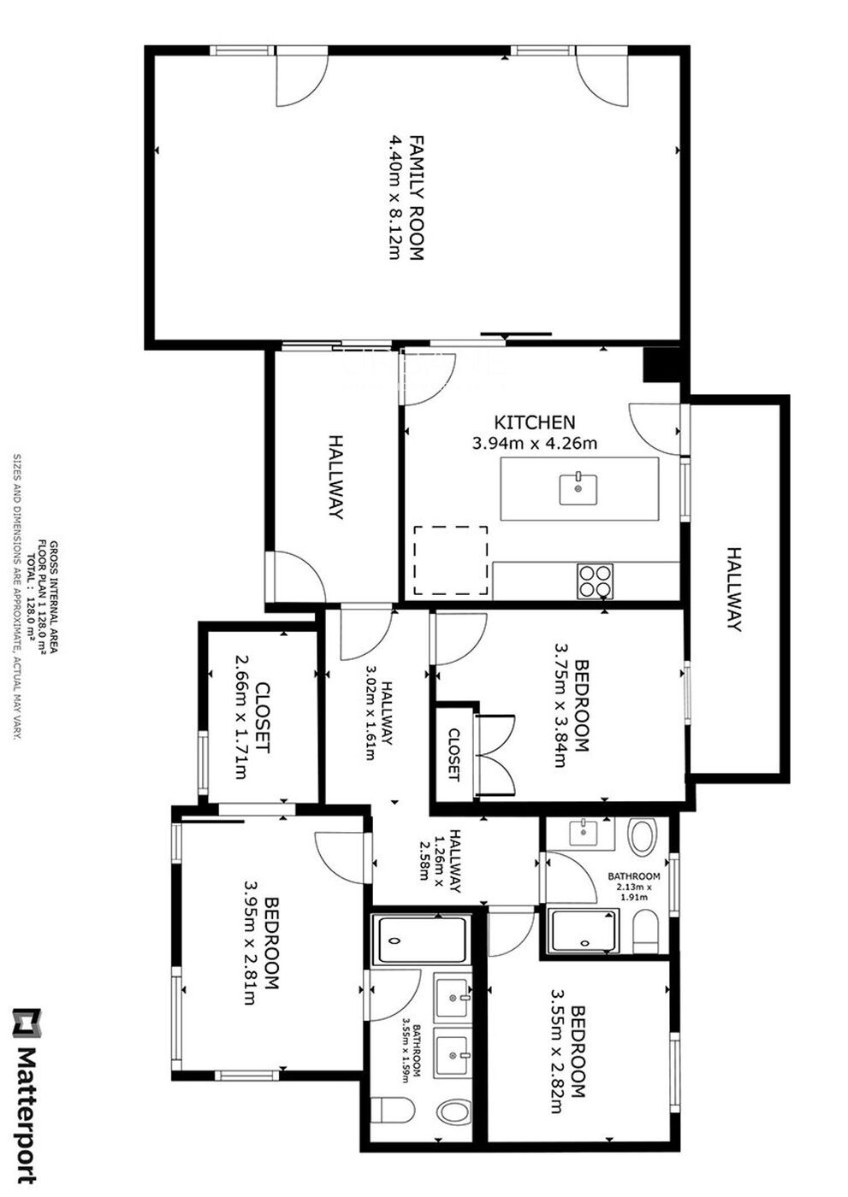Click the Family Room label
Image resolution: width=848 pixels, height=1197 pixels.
tap(417, 198)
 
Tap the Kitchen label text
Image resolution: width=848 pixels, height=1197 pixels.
tap(534, 422)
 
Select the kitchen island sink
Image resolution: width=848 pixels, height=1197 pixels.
tap(579, 488)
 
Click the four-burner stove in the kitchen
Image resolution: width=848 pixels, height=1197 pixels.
tap(595, 581)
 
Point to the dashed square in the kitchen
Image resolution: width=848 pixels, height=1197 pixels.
tap(451, 561)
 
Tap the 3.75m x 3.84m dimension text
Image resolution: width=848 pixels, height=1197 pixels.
tap(560, 705)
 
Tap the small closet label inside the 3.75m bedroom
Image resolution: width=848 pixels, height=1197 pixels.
tap(454, 754)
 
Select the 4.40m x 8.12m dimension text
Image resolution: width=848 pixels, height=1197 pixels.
tap(394, 198)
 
